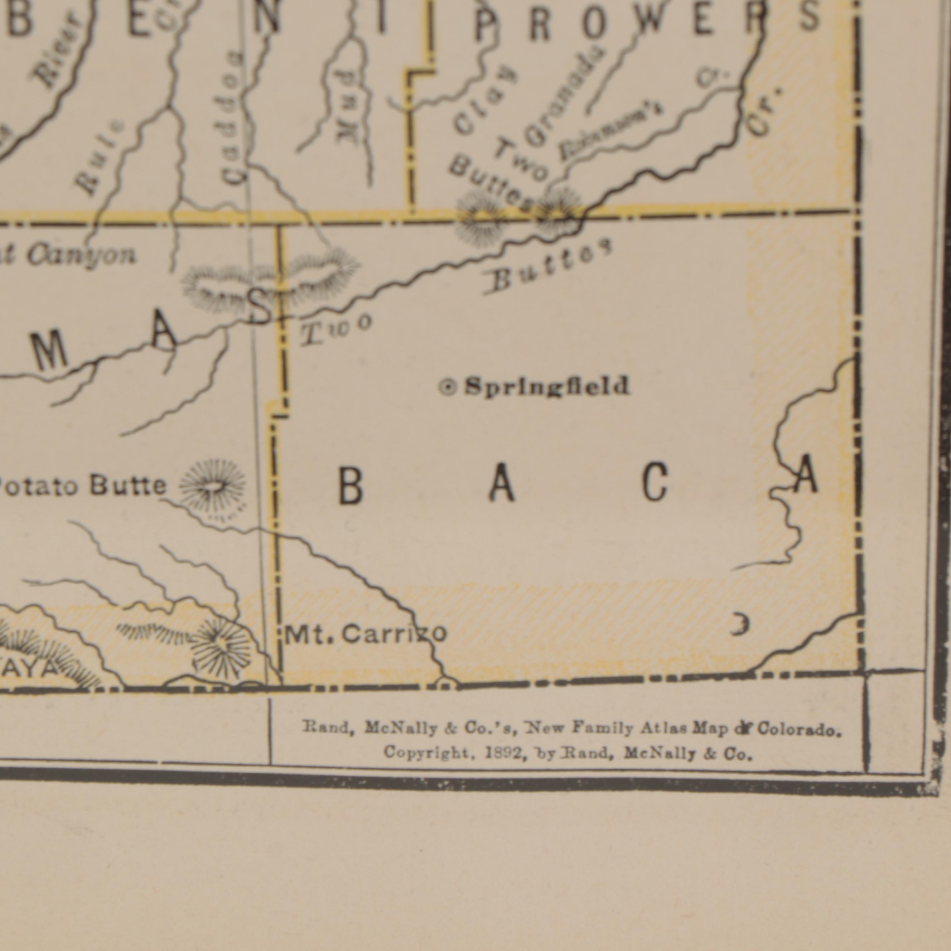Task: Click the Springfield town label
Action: [x=547, y=386]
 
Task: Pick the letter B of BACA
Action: [x=351, y=486]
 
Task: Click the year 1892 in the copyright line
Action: [x=504, y=753]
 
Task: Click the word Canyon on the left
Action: [x=81, y=255]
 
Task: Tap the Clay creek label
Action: [x=485, y=101]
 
